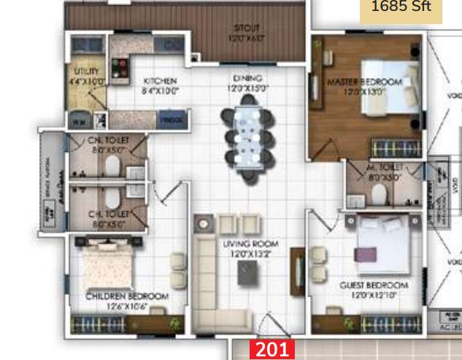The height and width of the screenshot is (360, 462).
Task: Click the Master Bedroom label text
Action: click(364, 82)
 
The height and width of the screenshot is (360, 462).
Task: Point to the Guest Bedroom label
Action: click(374, 285)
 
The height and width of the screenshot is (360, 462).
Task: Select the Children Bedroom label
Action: click(127, 296)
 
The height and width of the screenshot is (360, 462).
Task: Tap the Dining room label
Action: click(248, 78)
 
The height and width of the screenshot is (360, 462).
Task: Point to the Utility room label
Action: click(87, 72)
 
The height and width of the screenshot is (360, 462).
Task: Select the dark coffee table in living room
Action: click(249, 272)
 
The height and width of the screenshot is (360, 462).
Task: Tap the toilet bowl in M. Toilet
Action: click(379, 194)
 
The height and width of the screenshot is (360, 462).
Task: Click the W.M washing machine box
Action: click(78, 120)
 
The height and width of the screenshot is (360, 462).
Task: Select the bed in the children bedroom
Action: click(107, 268)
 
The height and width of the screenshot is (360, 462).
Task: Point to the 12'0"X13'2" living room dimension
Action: click(248, 254)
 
